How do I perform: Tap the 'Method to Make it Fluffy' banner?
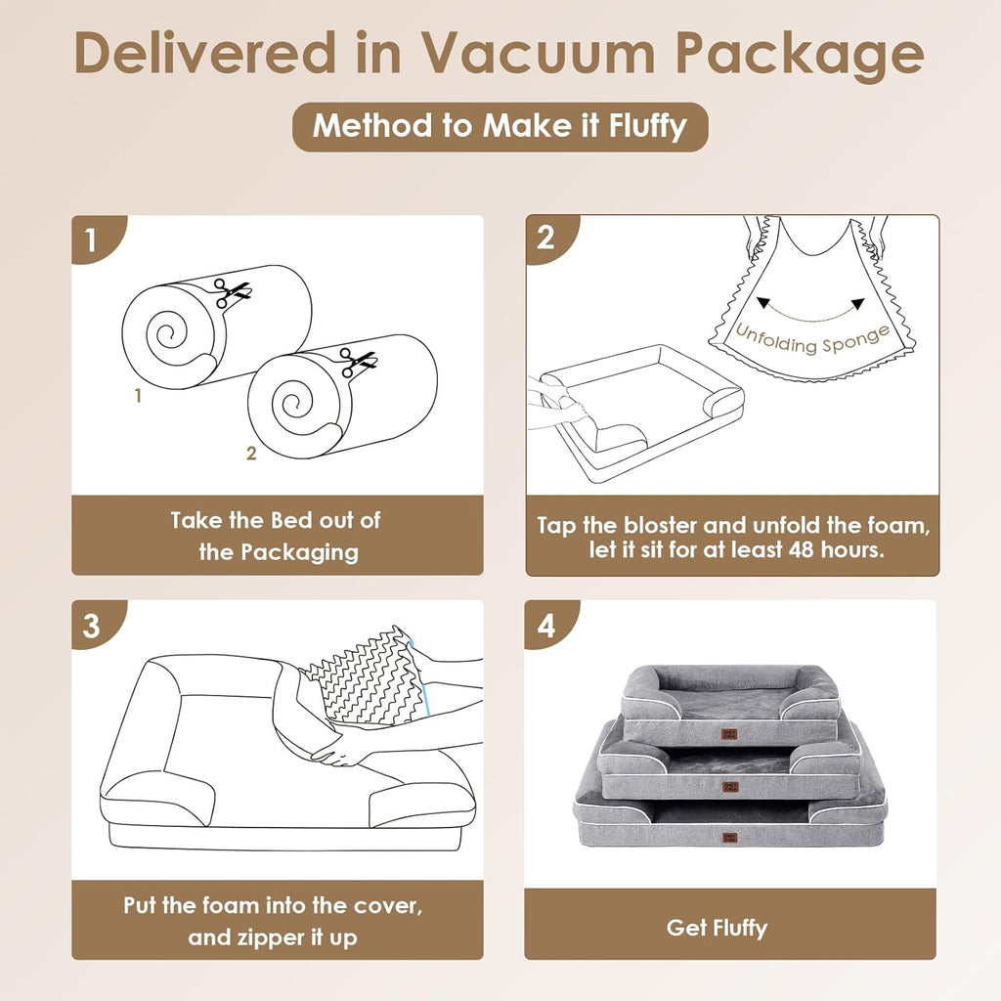[500, 126]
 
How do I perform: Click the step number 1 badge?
[91, 240]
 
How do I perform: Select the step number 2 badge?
[545, 239]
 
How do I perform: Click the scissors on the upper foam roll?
[234, 292]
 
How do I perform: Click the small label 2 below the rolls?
[251, 454]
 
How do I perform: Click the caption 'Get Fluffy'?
[717, 927]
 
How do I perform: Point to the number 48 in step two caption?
[808, 549]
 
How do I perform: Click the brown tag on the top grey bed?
[730, 735]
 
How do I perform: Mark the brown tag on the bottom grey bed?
[730, 837]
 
